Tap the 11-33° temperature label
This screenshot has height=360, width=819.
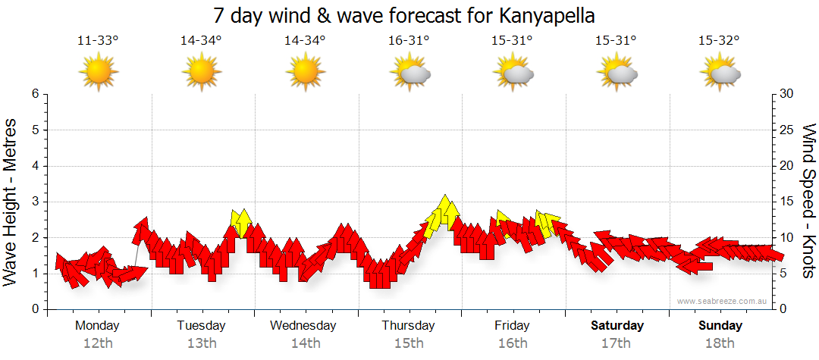pos(98,42)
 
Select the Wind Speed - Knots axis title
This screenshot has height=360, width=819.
pos(808,202)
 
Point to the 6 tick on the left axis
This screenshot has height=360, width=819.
pos(34,94)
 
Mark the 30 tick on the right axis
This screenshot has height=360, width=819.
pos(788,94)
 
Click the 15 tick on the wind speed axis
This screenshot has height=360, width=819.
pos(788,202)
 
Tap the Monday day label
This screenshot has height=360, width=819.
pos(97,326)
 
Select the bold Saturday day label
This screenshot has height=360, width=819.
pos(617,326)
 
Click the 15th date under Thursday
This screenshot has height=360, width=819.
pos(409,343)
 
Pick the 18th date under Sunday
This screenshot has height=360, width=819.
pos(720,343)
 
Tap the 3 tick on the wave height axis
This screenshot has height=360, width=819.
pos(34,202)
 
